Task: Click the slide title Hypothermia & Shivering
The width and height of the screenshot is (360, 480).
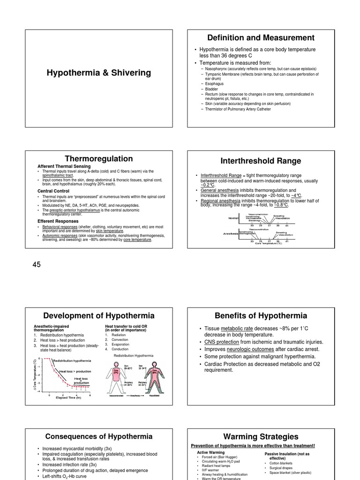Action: click(x=98, y=73)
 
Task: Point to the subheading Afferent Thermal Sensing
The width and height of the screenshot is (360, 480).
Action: click(x=64, y=166)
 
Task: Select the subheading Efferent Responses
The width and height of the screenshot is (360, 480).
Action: click(x=59, y=221)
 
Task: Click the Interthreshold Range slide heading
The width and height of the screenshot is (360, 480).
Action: click(x=261, y=161)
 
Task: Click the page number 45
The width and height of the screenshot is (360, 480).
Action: click(x=37, y=265)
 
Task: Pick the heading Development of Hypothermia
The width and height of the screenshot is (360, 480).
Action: click(x=98, y=315)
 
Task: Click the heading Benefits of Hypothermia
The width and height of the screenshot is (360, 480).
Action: click(x=261, y=315)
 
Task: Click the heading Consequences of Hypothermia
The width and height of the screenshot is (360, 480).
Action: click(x=98, y=436)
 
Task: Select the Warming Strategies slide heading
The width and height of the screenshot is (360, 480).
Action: click(x=261, y=436)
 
